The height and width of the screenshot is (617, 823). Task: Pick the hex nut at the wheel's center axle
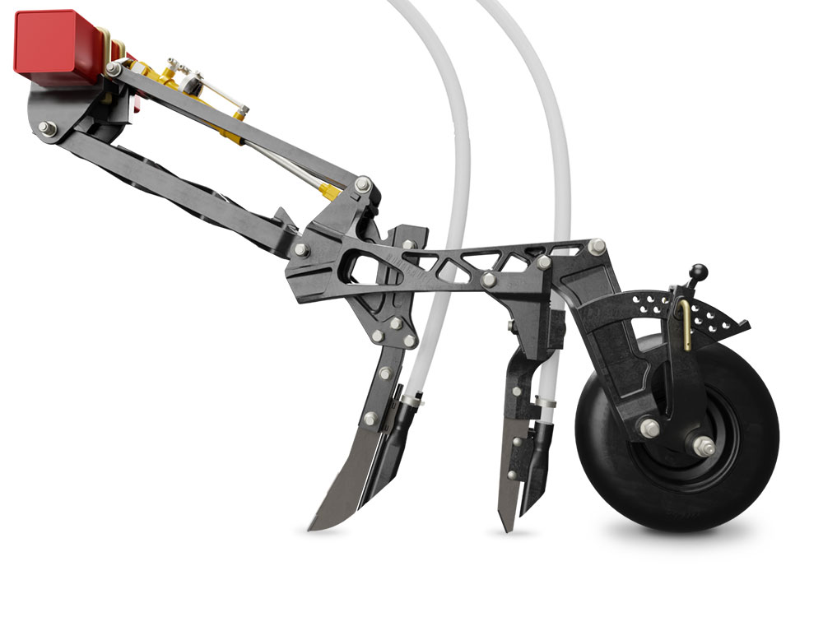(x=704, y=446)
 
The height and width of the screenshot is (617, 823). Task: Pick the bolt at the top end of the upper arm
(x=114, y=69)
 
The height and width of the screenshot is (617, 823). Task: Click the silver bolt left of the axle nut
(x=650, y=428)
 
